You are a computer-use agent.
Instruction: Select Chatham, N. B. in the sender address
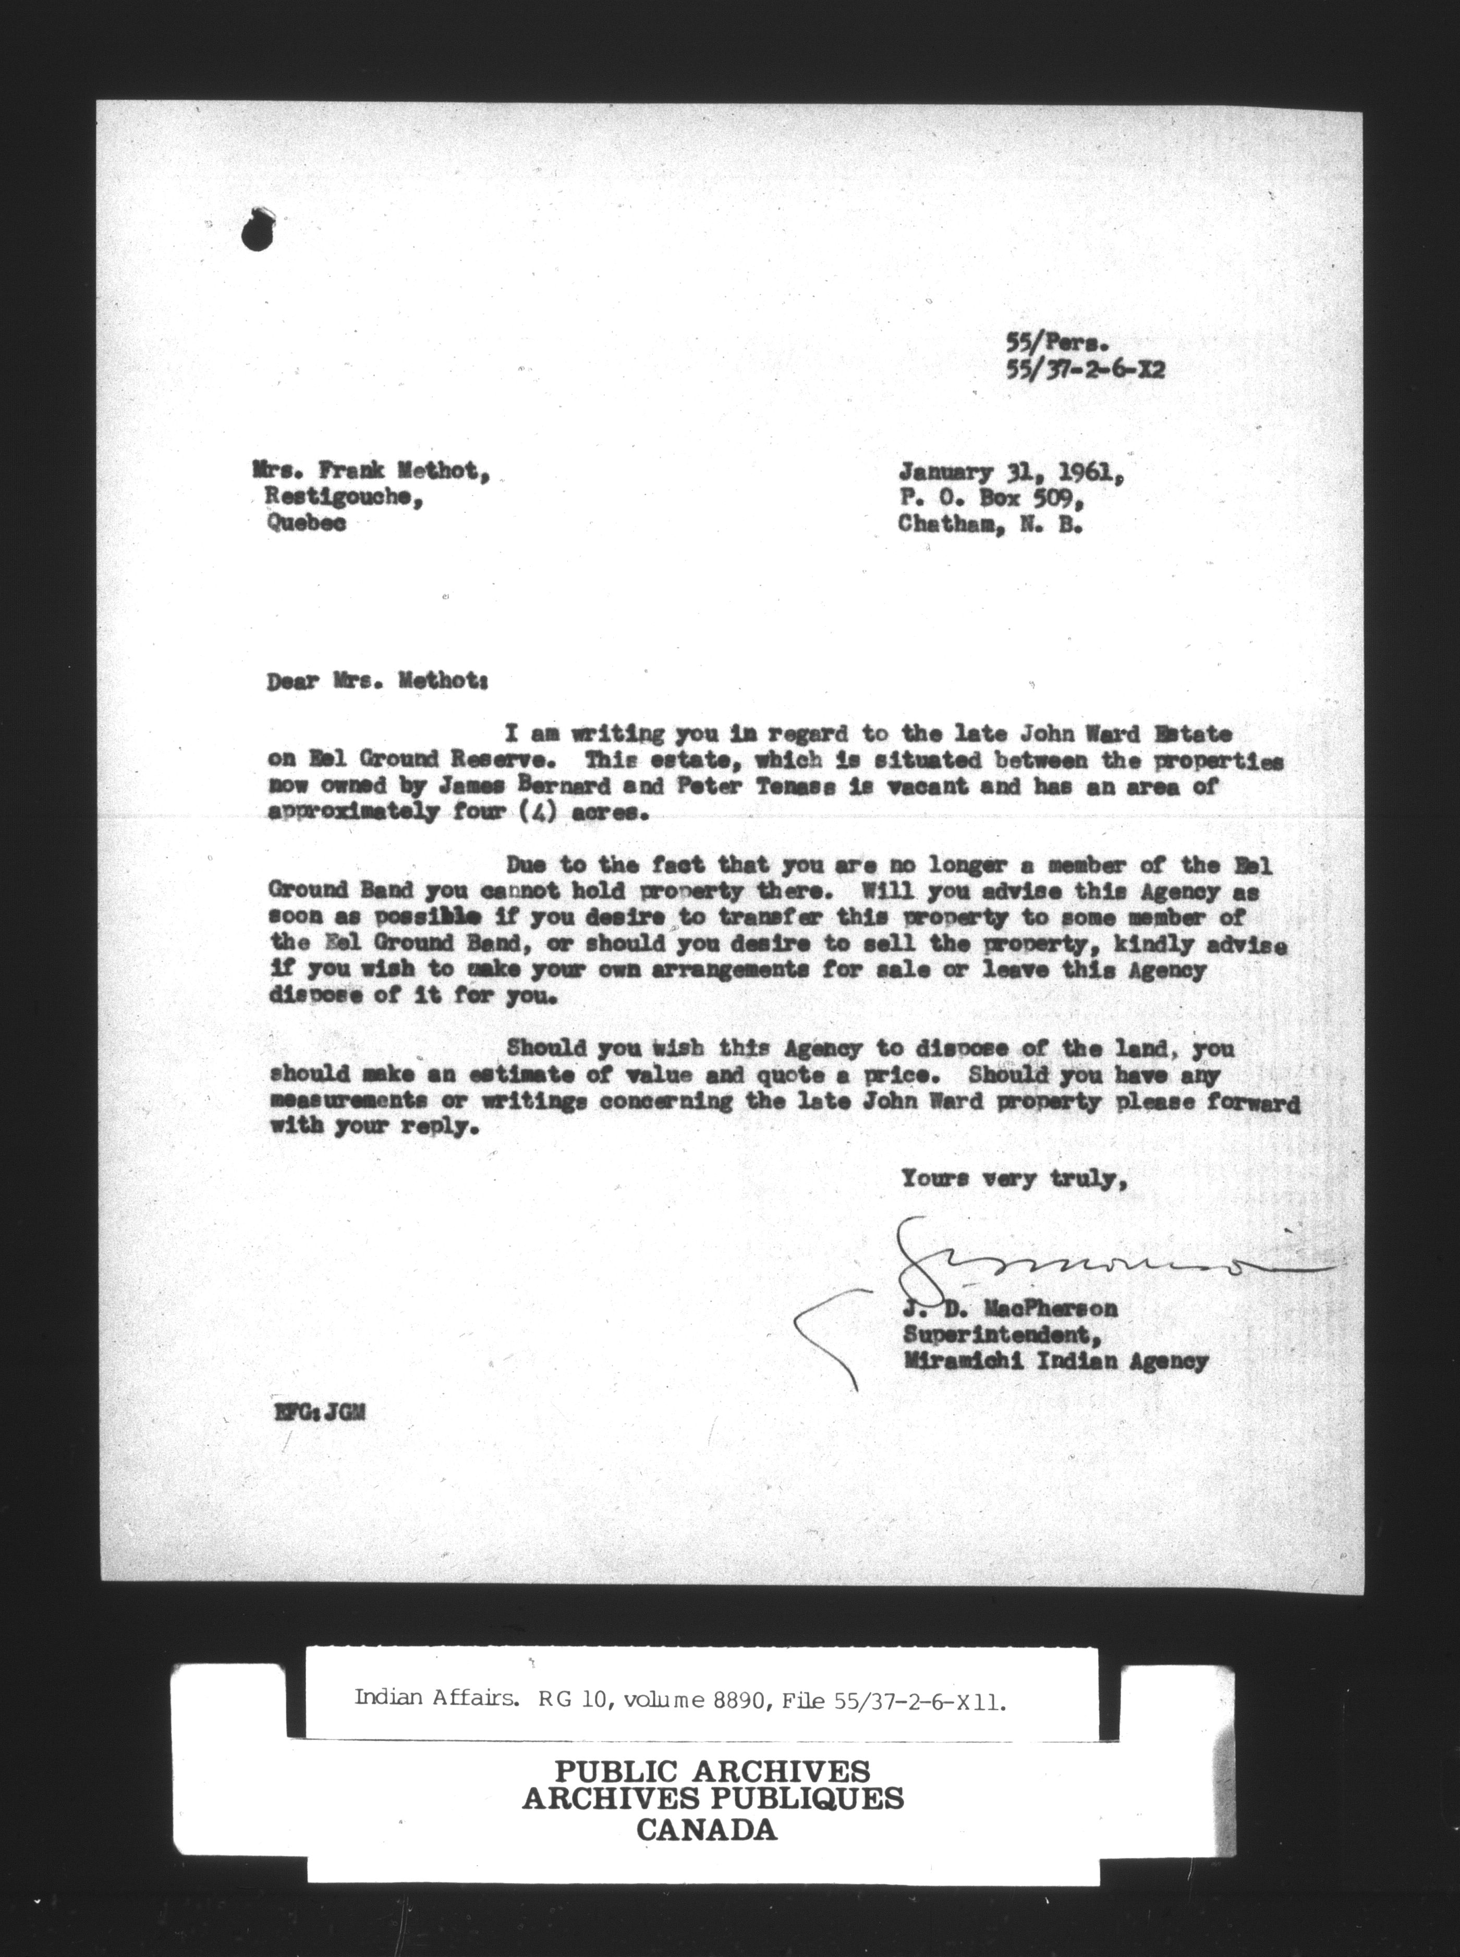coord(990,524)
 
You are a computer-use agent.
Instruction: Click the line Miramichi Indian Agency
coord(1055,1362)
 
